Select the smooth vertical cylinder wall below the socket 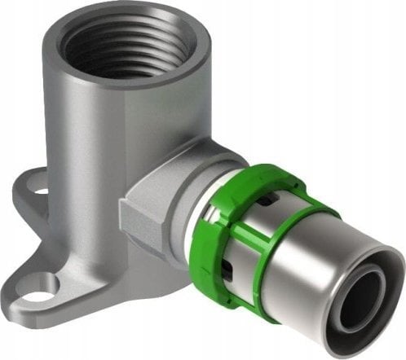pyautogui.click(x=90, y=179)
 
